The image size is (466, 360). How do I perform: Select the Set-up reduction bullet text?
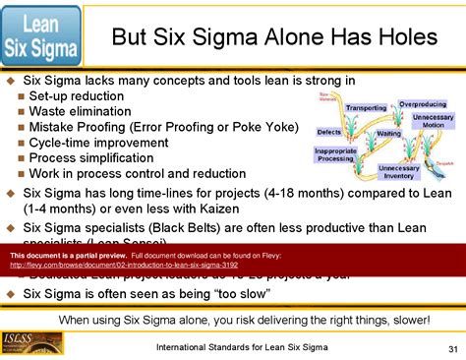77,96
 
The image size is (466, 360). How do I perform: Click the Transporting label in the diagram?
366,108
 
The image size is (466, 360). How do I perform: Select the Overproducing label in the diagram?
423,103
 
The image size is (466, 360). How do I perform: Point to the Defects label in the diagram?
329,132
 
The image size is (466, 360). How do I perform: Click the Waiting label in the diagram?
389,133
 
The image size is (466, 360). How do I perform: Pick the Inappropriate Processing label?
335,154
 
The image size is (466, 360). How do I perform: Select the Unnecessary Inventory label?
398,172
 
